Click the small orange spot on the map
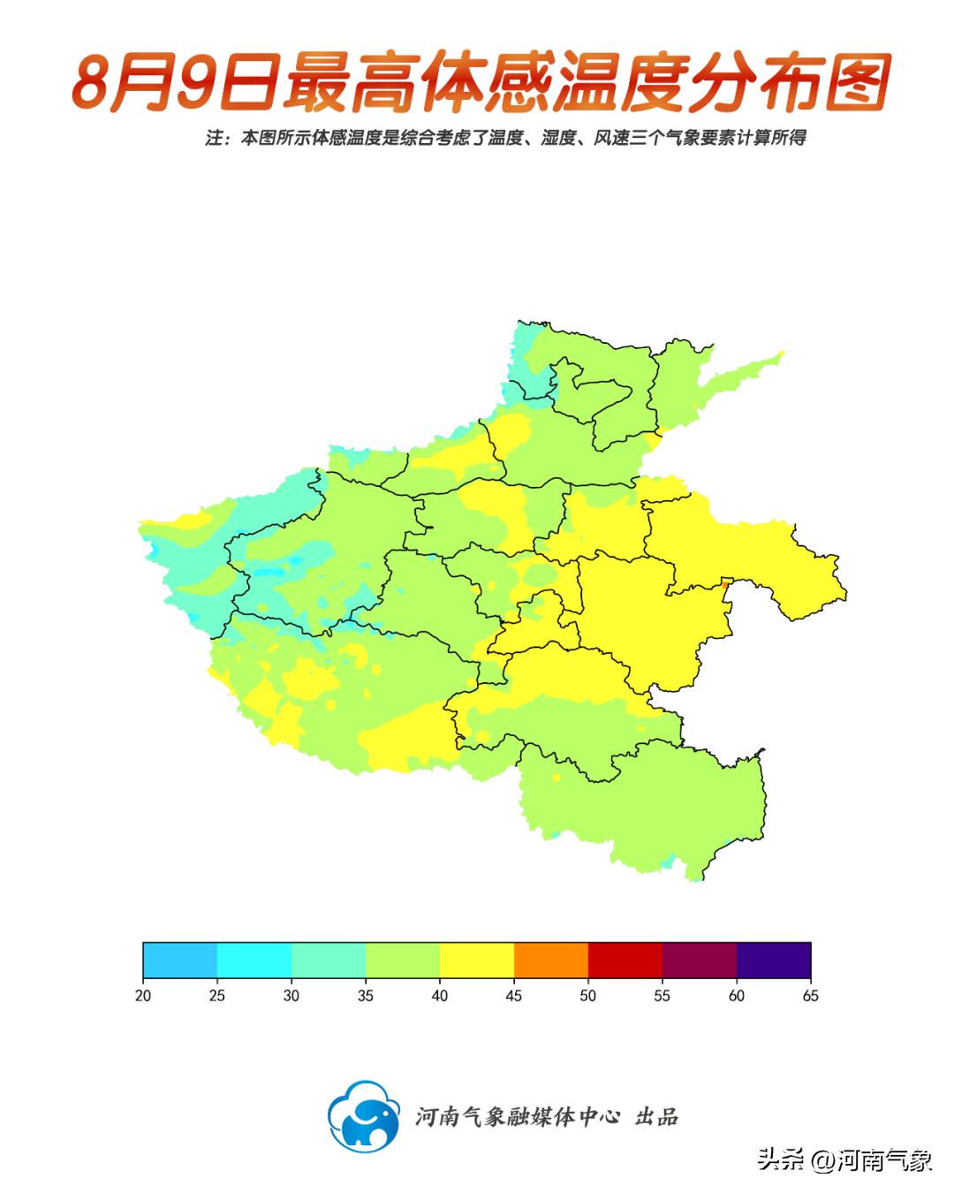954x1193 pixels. tap(725, 584)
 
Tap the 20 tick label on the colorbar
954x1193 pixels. tap(143, 996)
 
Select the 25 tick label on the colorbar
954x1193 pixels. tap(217, 996)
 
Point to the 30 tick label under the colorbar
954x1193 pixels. tap(291, 996)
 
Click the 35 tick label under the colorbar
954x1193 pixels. tap(366, 996)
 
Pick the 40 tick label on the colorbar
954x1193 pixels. tap(440, 996)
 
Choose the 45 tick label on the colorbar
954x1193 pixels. tap(514, 996)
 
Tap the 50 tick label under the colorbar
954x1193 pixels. tap(588, 996)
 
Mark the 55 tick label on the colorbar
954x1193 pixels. tap(662, 996)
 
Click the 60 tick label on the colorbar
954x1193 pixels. tap(737, 996)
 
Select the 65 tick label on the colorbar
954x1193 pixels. tap(810, 996)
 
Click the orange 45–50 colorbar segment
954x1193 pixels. tap(551, 960)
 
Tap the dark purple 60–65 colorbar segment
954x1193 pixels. tap(774, 960)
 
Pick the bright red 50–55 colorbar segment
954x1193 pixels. tap(625, 960)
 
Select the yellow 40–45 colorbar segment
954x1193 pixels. tap(477, 960)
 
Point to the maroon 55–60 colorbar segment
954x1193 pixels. tap(700, 960)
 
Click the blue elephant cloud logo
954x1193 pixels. tap(363, 1116)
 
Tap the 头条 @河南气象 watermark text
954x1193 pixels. tap(844, 1159)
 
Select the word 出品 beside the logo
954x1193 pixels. tap(656, 1117)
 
